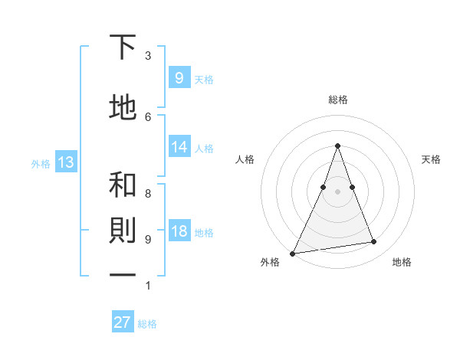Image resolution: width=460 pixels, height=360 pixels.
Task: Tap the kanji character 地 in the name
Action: click(x=123, y=108)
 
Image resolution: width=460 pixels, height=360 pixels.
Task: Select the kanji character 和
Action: click(x=123, y=185)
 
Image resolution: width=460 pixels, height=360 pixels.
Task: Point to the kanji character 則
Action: click(x=123, y=232)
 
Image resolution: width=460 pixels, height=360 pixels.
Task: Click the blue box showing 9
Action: click(x=179, y=77)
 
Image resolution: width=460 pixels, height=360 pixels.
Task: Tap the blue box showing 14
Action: click(x=179, y=147)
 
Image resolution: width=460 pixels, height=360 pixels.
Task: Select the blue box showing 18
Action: click(x=179, y=231)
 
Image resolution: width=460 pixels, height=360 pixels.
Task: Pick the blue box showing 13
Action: click(x=65, y=162)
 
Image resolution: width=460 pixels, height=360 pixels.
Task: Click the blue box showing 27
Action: click(x=123, y=322)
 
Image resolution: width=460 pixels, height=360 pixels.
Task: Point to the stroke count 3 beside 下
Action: click(x=148, y=56)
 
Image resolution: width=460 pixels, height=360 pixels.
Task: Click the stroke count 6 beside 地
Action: click(x=148, y=116)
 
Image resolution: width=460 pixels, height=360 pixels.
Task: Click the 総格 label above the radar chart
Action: click(x=337, y=100)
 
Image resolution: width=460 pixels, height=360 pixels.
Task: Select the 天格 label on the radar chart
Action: click(x=431, y=159)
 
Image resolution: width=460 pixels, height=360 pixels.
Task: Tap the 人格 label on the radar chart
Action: click(x=245, y=159)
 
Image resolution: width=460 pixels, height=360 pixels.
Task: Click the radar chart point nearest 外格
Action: click(x=292, y=253)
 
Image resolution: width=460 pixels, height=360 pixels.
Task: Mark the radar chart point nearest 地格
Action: click(x=374, y=242)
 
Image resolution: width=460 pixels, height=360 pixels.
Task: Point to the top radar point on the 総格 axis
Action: click(x=337, y=146)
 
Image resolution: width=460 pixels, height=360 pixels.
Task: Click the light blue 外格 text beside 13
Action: click(x=40, y=163)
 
